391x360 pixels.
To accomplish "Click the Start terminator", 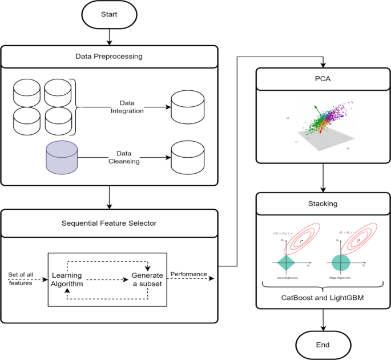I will pyautogui.click(x=108, y=15).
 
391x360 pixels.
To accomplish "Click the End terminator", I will pyautogui.click(x=324, y=345).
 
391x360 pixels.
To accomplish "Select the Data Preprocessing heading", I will pyautogui.click(x=109, y=56).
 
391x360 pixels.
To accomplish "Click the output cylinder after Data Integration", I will pyautogui.click(x=187, y=106).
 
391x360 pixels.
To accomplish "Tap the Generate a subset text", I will pyautogui.click(x=147, y=279).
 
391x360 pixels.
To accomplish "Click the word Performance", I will pyautogui.click(x=189, y=274).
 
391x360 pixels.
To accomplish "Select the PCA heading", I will pyautogui.click(x=324, y=79).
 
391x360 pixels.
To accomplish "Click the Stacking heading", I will pyautogui.click(x=324, y=203).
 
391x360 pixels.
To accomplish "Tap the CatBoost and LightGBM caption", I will pyautogui.click(x=324, y=298).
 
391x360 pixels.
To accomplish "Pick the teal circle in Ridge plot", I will pyautogui.click(x=340, y=262).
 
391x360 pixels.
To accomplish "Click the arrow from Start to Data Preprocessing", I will pyautogui.click(x=108, y=37).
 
